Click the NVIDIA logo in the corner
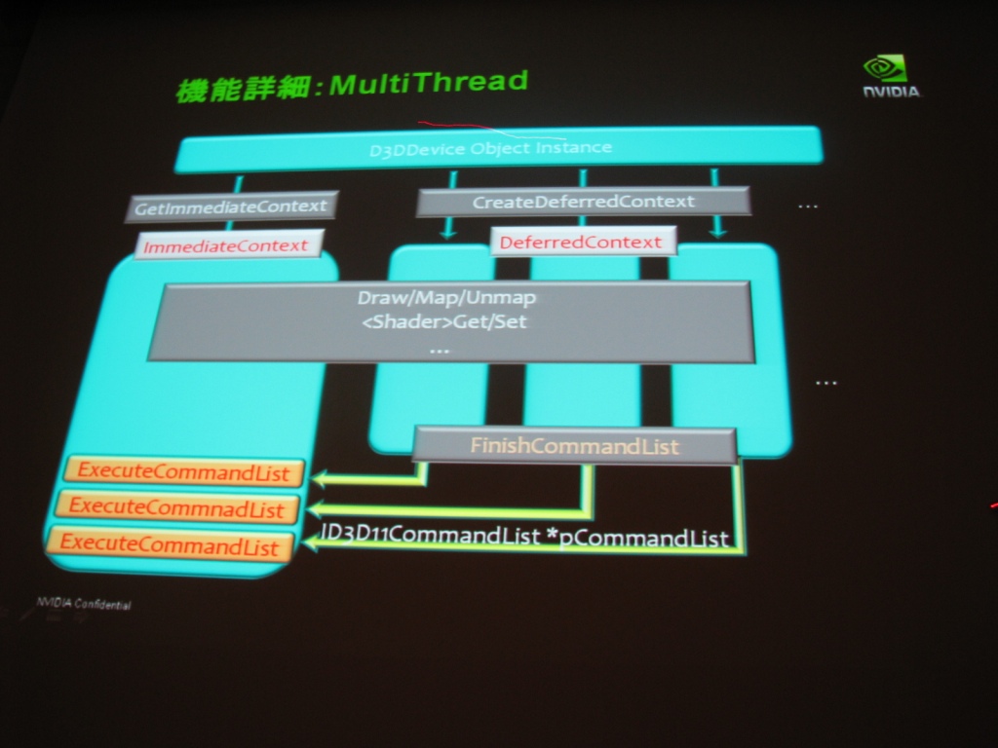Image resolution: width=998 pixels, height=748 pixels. point(891,76)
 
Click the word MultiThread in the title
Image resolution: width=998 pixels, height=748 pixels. point(429,82)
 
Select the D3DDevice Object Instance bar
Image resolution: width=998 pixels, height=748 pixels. point(498,149)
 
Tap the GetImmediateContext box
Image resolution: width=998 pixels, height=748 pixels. point(231,206)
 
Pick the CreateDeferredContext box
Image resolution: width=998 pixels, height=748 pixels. point(583,202)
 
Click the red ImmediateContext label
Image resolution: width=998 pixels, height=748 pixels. point(226,245)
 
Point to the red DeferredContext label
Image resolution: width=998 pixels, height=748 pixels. point(581,243)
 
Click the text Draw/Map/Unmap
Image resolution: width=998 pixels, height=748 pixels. point(446,298)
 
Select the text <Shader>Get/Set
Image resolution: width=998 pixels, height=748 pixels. point(443,321)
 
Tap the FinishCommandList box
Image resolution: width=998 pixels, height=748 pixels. point(575,445)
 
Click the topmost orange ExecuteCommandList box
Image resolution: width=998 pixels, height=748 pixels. point(184,472)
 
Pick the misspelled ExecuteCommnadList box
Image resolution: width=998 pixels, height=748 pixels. point(177,507)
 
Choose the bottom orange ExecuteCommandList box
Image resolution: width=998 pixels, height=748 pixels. point(170,544)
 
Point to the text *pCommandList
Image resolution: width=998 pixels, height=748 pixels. point(637,538)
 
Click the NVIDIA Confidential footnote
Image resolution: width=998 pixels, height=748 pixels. point(84,604)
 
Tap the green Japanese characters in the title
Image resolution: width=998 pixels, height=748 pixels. point(244,89)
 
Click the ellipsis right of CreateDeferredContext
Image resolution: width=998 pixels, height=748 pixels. point(808,206)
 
